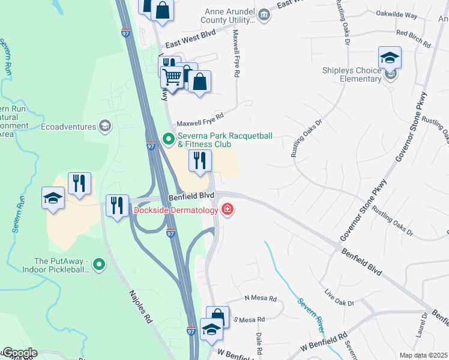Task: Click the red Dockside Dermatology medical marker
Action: pos(228,210)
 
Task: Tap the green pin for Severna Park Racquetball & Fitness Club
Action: pos(169,140)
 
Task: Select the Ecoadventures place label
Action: pos(68,127)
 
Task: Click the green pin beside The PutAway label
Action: pos(100,263)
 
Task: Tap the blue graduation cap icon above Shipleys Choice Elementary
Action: pos(390,58)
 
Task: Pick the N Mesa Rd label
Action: pos(261,298)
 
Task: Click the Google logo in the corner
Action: pos(19,353)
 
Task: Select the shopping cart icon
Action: pos(173,77)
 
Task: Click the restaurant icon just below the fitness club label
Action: pos(200,160)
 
